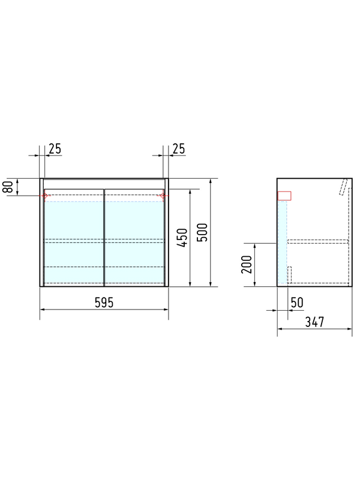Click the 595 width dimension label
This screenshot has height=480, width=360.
pos(104,302)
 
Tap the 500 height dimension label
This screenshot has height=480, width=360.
pos(202,232)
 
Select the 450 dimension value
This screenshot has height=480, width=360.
pos(182,238)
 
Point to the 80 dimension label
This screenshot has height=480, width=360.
pos(8,187)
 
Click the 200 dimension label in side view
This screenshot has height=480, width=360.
pos(247,264)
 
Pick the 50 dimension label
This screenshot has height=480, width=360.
pos(297,302)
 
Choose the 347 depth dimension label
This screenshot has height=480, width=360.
pos(314,322)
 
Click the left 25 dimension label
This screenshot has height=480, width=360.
pos(55,149)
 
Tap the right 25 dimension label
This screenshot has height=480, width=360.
pos(179,149)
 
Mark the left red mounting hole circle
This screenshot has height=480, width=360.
pos(44,196)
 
